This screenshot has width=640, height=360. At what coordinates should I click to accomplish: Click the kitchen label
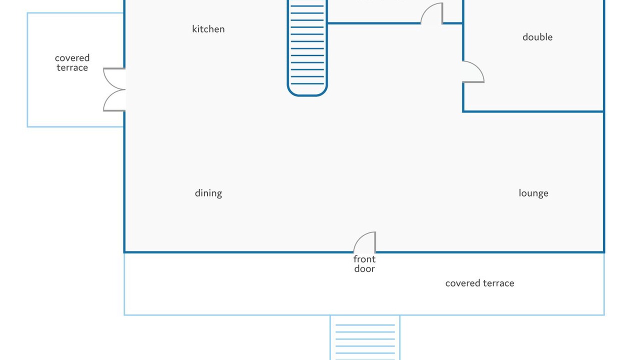pos(208,29)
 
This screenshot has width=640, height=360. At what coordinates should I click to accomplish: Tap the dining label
pos(208,193)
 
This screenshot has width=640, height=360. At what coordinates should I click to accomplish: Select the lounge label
pos(533,193)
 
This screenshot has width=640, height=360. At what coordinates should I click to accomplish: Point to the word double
pos(537,37)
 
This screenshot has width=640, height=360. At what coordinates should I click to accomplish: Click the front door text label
pos(364,263)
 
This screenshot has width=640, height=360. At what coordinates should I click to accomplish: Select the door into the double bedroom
pos(473,72)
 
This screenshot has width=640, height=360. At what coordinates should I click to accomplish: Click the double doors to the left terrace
pos(114,90)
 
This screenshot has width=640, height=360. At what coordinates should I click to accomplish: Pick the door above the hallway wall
pos(431,14)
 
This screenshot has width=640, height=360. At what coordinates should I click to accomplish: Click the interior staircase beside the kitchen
pos(307,45)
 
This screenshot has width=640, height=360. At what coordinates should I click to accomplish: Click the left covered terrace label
pos(72,63)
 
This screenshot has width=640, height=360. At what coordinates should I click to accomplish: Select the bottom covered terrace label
pos(479,283)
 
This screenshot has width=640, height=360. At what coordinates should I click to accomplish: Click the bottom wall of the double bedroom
pos(533,111)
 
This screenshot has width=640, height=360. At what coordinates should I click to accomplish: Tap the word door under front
pos(364,268)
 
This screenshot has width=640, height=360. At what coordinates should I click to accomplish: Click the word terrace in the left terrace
pos(72,68)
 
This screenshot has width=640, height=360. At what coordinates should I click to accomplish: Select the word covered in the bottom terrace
pos(462,283)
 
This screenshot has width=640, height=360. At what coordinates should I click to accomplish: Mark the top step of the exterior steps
pos(365,325)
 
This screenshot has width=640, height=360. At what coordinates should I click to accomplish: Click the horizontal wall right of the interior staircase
pos(374,23)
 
